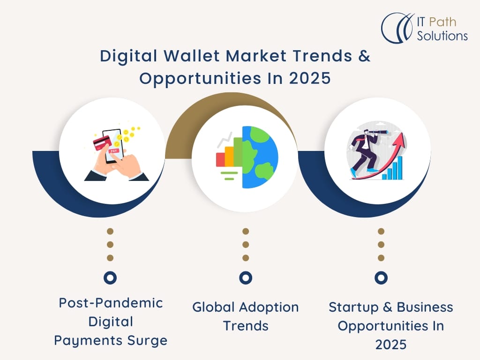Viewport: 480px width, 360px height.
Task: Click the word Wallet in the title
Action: [192, 56]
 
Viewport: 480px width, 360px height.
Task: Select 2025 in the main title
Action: [310, 78]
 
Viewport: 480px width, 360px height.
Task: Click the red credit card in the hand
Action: [102, 143]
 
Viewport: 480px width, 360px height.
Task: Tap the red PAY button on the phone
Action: [114, 151]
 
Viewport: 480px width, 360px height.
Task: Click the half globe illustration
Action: [260, 157]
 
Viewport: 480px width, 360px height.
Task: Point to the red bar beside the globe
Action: [220, 159]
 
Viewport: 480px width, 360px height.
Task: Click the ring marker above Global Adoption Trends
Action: [246, 277]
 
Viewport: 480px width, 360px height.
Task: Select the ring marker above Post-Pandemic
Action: [110, 277]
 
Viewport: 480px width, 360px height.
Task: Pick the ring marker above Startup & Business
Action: [381, 277]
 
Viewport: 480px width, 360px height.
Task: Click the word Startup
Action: [353, 307]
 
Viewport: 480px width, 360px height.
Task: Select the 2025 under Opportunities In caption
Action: [391, 345]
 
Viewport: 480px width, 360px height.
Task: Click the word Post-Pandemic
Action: [111, 303]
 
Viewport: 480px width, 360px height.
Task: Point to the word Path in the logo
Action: [442, 22]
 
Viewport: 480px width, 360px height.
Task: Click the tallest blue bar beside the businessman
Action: [400, 168]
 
